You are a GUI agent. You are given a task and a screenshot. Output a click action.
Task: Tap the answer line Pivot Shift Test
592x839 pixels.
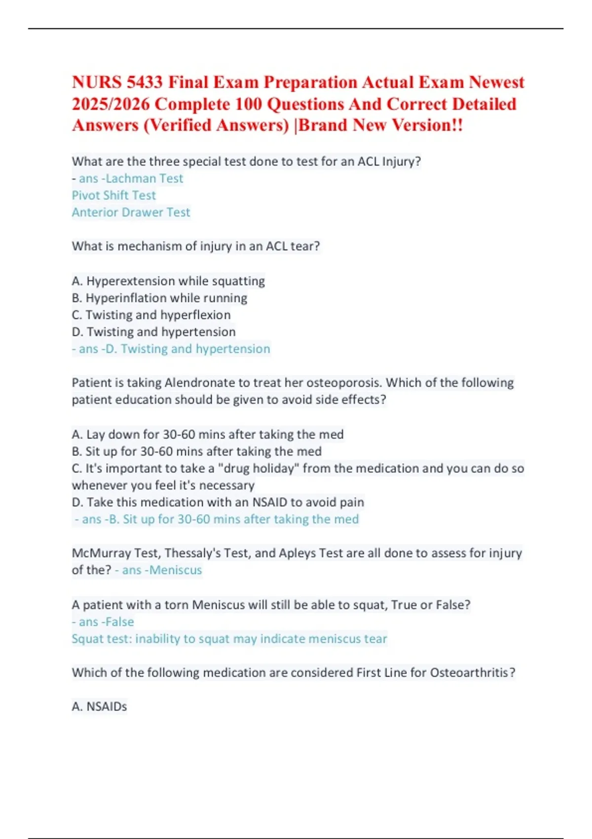[114, 195]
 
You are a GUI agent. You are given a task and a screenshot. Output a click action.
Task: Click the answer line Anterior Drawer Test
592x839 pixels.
[131, 212]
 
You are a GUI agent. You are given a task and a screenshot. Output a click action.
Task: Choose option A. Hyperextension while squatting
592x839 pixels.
[168, 281]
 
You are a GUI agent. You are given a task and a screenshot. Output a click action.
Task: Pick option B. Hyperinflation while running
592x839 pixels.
[159, 298]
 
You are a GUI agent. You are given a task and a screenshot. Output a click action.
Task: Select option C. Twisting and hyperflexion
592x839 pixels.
[151, 315]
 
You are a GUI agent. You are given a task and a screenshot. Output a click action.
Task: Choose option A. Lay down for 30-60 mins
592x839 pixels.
[207, 434]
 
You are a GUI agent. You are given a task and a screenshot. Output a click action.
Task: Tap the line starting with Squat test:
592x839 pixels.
[229, 639]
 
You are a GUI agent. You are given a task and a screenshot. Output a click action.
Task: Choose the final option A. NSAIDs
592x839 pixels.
[99, 707]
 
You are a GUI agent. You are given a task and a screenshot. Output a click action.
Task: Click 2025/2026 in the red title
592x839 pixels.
[111, 104]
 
